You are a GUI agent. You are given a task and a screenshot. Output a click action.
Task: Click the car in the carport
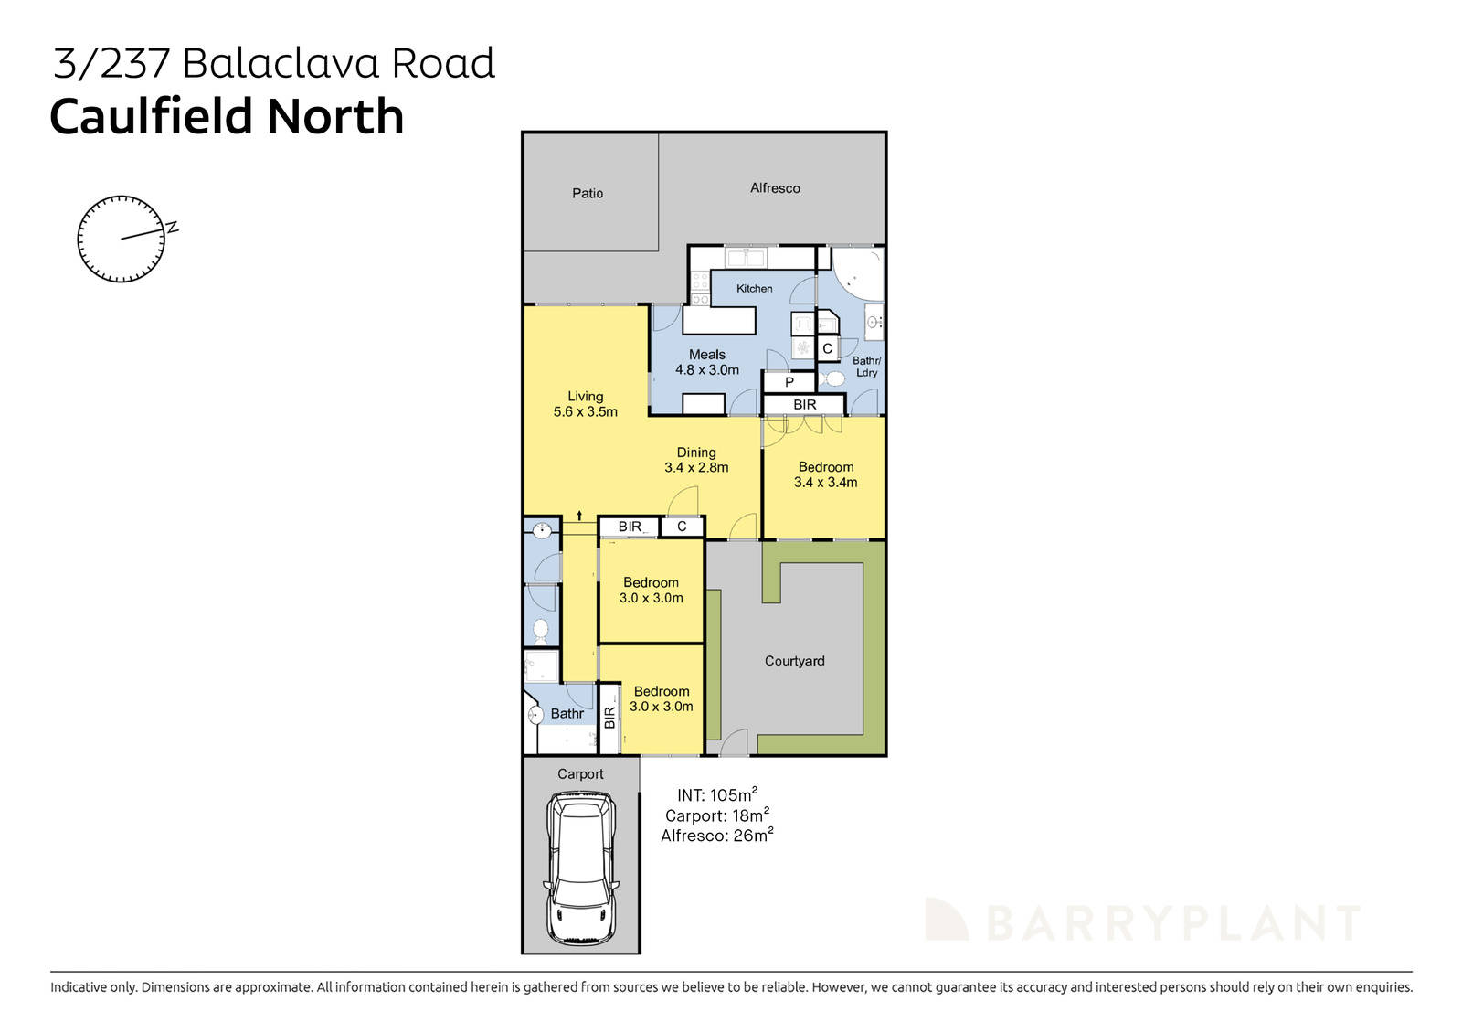(581, 868)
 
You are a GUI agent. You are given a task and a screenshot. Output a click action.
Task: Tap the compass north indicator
(171, 228)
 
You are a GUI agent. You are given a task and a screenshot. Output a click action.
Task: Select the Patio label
(588, 193)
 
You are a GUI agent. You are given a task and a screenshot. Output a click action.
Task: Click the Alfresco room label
(775, 187)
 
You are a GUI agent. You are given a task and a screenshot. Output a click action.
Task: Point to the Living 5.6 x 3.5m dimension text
(585, 404)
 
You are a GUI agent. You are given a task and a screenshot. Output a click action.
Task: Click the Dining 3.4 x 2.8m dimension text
(696, 460)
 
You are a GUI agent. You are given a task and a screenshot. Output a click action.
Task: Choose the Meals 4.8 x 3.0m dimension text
(707, 362)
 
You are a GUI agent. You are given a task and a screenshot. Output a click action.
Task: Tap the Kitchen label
(755, 288)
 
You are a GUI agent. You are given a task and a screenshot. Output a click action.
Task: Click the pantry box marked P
(789, 382)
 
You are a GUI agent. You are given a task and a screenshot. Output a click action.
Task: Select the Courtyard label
(794, 661)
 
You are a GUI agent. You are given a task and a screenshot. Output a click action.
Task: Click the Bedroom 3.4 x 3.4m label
(825, 474)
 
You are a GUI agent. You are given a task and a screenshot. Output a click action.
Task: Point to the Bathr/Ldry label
(866, 367)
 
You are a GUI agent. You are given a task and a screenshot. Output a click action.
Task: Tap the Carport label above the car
(580, 774)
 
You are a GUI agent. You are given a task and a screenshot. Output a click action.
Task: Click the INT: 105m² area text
(716, 795)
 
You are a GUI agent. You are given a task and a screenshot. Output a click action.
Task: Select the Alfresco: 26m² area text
(716, 836)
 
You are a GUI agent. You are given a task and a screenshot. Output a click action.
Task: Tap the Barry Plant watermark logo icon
(946, 920)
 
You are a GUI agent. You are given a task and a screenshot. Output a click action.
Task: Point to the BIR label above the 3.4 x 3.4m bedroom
(804, 404)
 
